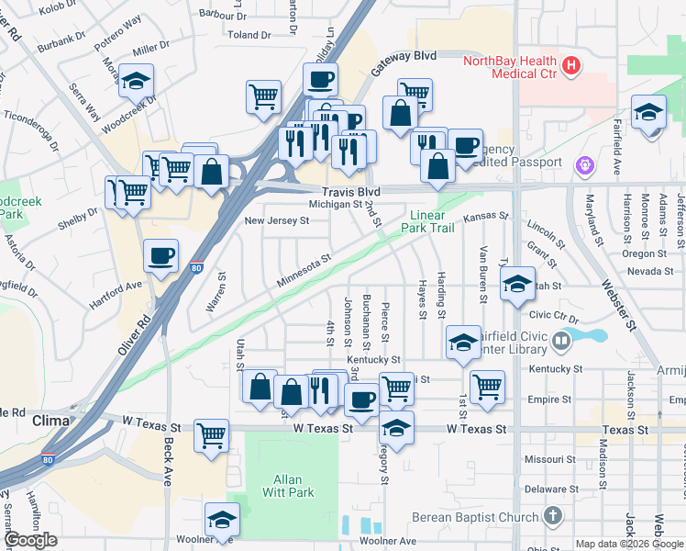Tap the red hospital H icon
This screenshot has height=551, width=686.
pyautogui.click(x=571, y=64)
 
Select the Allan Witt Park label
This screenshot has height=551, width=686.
pyautogui.click(x=293, y=486)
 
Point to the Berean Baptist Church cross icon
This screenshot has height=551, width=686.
pyautogui.click(x=551, y=516)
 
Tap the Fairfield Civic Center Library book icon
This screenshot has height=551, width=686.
pyautogui.click(x=561, y=342)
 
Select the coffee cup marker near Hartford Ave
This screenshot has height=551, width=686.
pyautogui.click(x=161, y=256)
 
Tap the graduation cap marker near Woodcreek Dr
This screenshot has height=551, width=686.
pyautogui.click(x=136, y=82)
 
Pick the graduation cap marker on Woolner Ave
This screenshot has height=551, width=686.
pyautogui.click(x=221, y=521)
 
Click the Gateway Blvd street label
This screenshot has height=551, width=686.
pyautogui.click(x=404, y=62)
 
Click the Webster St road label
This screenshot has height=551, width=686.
pyautogui.click(x=617, y=308)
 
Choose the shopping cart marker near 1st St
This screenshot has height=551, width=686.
pyautogui.click(x=487, y=386)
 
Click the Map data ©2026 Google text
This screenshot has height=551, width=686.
pyautogui.click(x=630, y=544)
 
